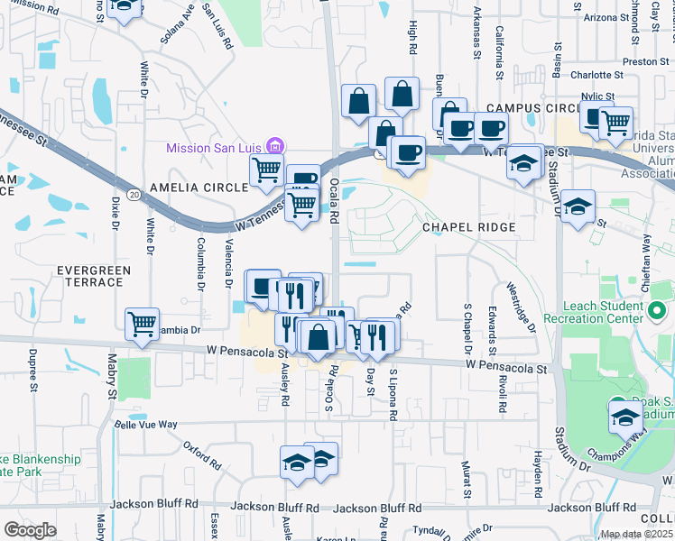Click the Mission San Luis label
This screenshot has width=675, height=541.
pos(216,147)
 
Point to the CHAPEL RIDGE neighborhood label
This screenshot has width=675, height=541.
pos(468,227)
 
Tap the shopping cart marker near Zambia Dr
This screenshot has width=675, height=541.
pos(143,324)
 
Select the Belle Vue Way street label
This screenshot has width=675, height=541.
pos(148,421)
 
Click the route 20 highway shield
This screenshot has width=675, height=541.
pos(134,194)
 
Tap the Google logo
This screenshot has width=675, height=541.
pos(30,529)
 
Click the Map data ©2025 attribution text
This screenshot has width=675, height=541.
pos(636,534)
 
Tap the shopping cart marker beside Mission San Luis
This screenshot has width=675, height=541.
pos(266,170)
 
